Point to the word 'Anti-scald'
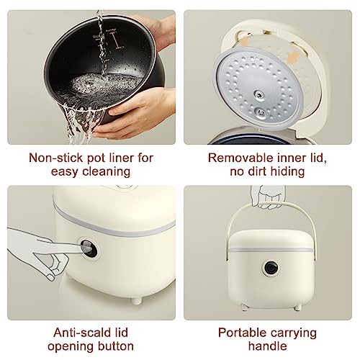pos(74,333)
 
